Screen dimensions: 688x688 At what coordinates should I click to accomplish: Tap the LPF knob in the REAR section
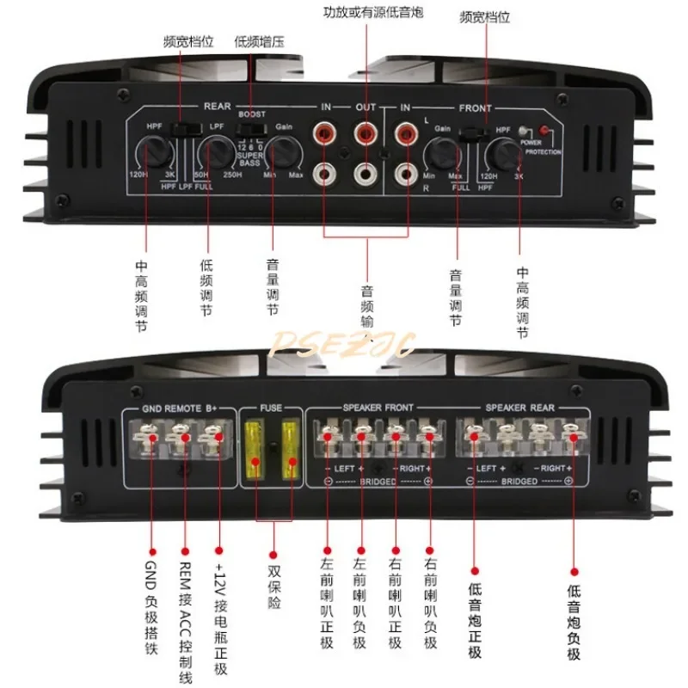tap(212, 155)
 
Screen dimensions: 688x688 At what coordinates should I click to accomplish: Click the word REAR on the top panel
tap(217, 107)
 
